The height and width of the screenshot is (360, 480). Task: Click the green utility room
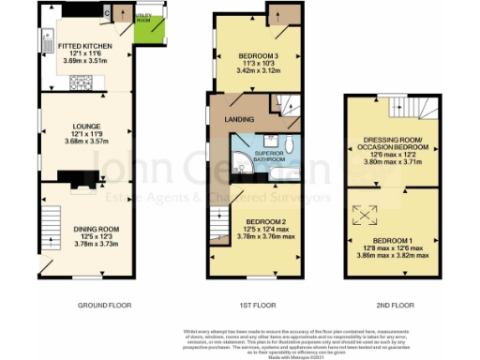tap(145, 29)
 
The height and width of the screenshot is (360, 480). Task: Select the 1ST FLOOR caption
tap(256, 305)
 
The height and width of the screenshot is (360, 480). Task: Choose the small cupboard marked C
tap(110, 13)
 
